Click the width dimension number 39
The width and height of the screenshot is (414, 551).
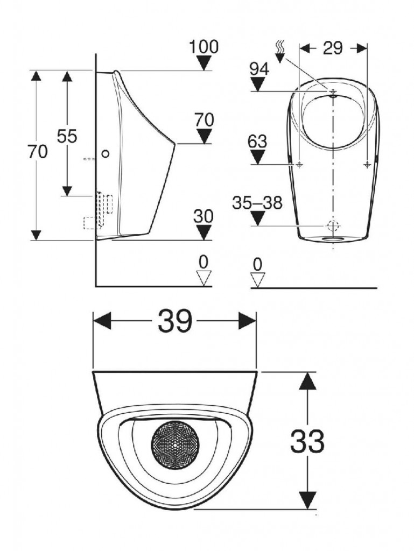pyautogui.click(x=175, y=322)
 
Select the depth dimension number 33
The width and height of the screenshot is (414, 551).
pyautogui.click(x=307, y=442)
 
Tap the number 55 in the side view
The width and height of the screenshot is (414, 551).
pyautogui.click(x=67, y=136)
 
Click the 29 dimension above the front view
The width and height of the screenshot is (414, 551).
pyautogui.click(x=333, y=48)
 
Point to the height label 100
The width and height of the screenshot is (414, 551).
pyautogui.click(x=204, y=47)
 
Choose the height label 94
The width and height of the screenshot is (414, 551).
pyautogui.click(x=259, y=68)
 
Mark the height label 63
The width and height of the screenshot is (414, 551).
pyautogui.click(x=258, y=142)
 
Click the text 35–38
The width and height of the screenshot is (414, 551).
pyautogui.click(x=257, y=203)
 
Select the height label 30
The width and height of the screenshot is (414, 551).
pyautogui.click(x=204, y=216)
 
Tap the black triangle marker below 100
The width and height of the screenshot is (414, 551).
pyautogui.click(x=204, y=63)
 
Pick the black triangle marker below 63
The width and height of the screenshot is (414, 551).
pyautogui.click(x=258, y=157)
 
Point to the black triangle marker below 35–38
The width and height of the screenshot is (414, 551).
pyautogui.click(x=258, y=218)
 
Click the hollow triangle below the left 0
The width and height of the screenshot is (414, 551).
pyautogui.click(x=204, y=278)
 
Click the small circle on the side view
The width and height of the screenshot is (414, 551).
pyautogui.click(x=105, y=154)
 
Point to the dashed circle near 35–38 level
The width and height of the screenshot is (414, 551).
pyautogui.click(x=333, y=225)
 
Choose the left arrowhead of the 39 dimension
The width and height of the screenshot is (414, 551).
pyautogui.click(x=101, y=322)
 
